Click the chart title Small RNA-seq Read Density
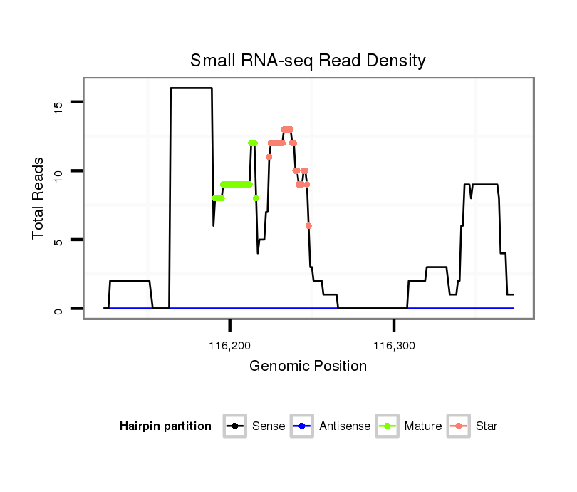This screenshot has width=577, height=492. [308, 61]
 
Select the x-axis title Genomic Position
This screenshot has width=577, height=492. [308, 367]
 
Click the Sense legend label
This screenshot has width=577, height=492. [269, 426]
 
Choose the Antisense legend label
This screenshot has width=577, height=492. [344, 426]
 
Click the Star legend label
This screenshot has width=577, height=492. [488, 426]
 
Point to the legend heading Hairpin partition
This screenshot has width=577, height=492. [165, 426]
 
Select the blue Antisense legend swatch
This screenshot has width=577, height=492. [302, 426]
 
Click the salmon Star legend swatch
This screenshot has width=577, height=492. [459, 426]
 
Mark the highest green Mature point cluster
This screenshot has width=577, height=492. [252, 143]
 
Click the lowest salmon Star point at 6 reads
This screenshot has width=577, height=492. [308, 225]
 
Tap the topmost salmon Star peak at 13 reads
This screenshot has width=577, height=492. [287, 129]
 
